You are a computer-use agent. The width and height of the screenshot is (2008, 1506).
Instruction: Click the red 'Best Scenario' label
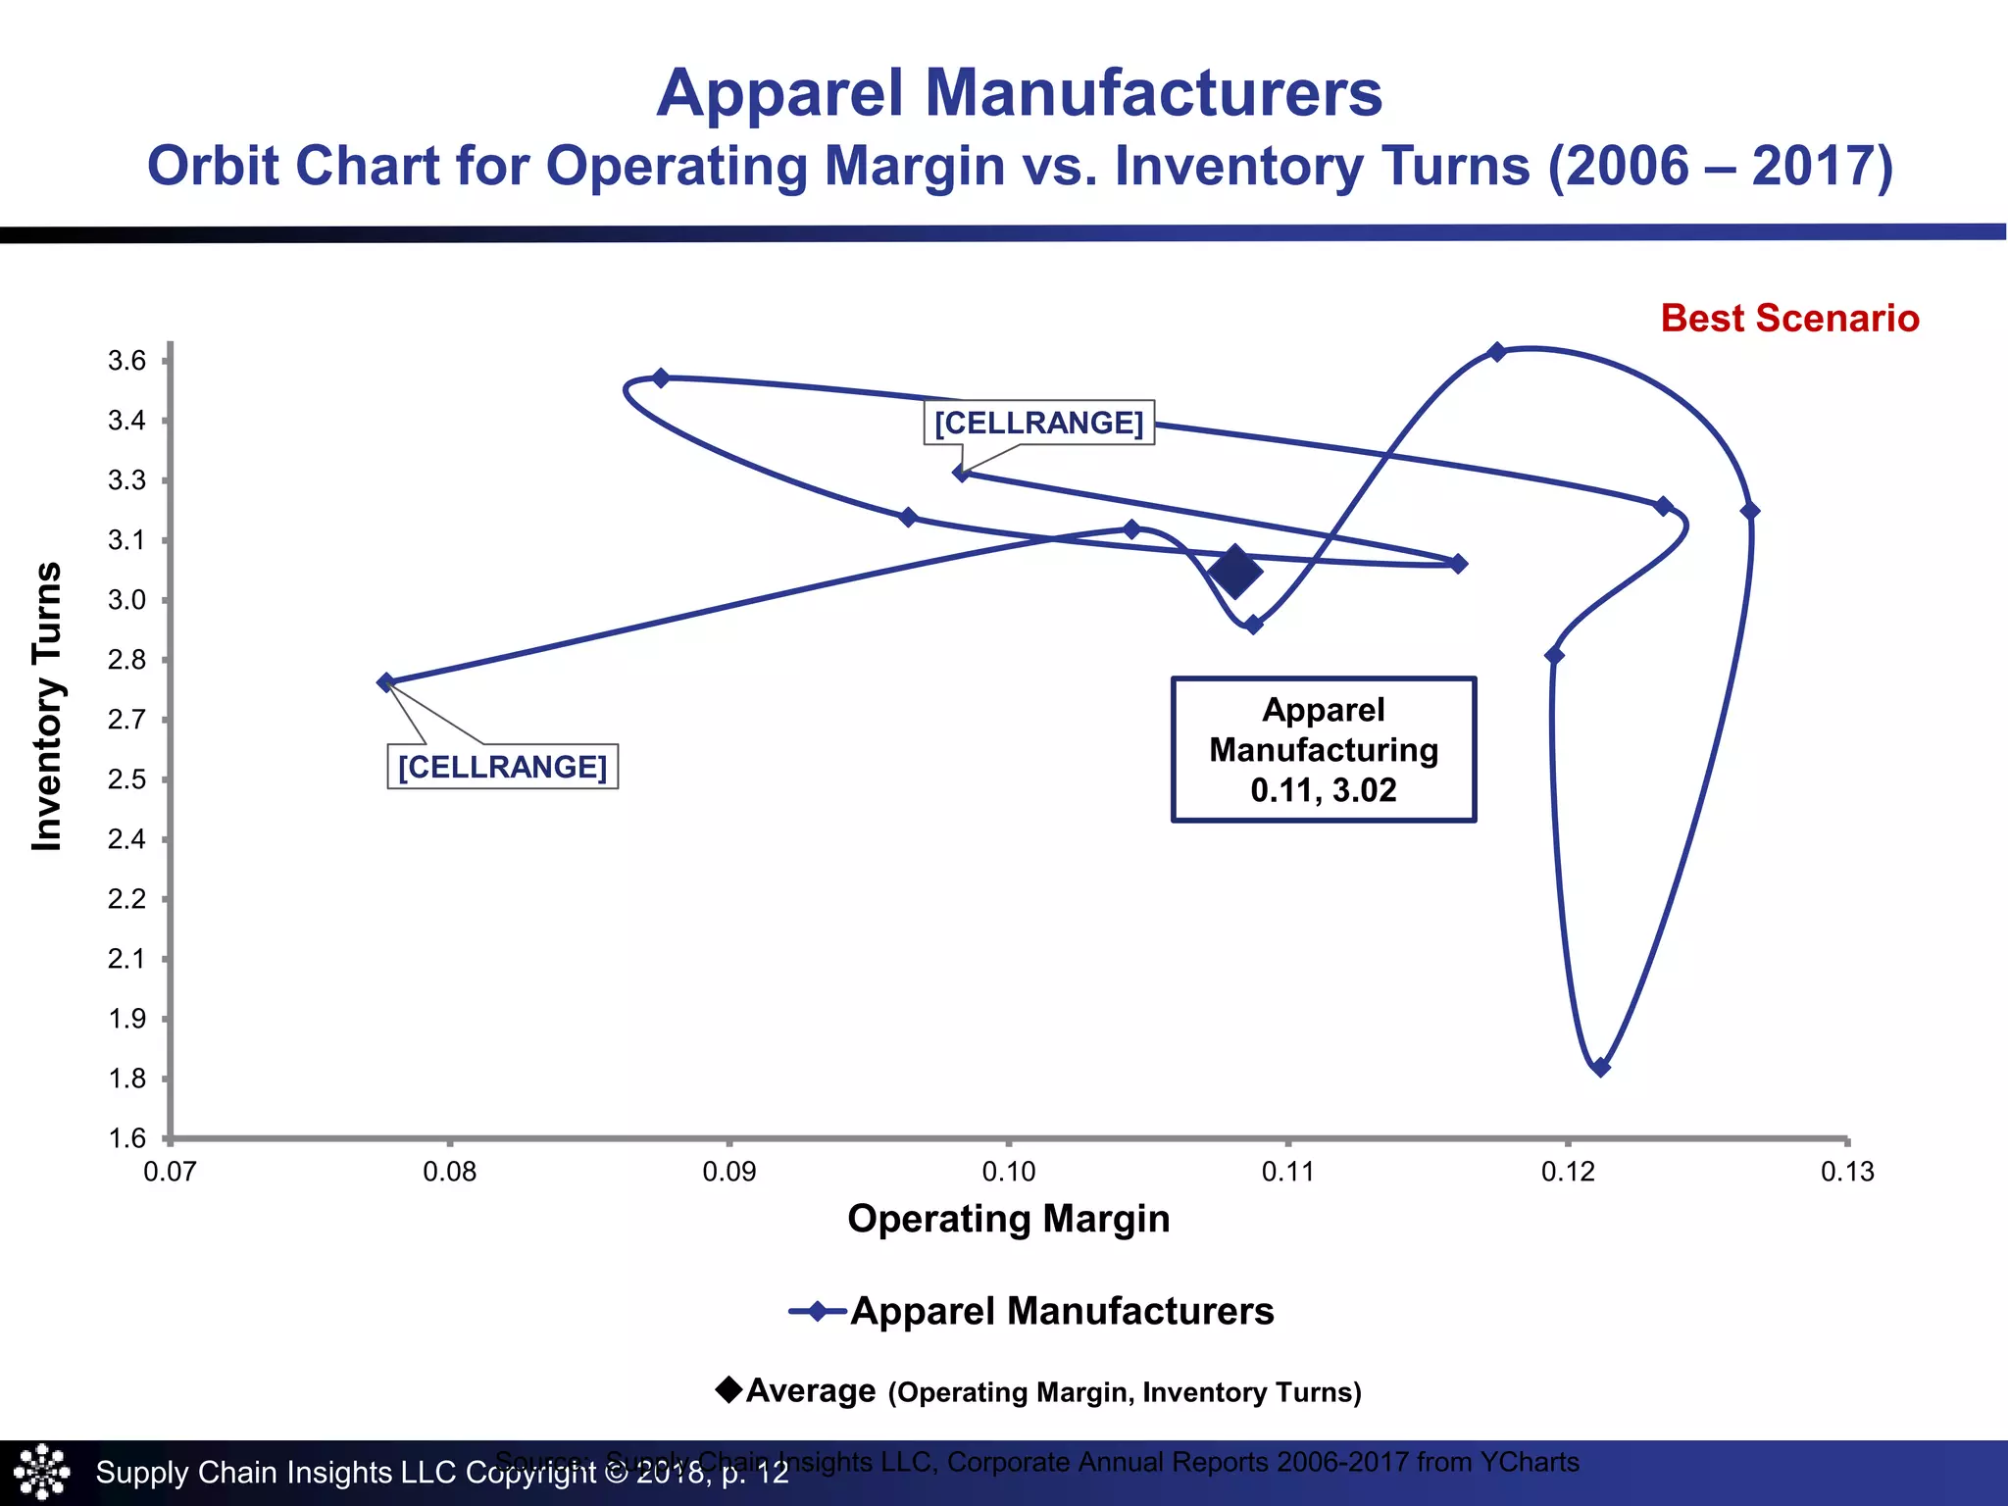point(1789,319)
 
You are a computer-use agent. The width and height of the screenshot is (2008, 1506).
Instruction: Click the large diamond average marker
point(1235,572)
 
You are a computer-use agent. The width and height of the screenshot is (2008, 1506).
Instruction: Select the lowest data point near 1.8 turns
point(1600,1067)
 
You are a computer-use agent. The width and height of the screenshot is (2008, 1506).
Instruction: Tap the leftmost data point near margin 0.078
point(386,682)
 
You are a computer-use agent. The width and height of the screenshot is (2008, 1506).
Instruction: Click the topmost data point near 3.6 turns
point(1496,352)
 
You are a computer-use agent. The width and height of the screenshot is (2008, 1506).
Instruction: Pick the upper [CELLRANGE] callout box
point(1038,423)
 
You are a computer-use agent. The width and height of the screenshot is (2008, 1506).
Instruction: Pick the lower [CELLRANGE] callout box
point(502,766)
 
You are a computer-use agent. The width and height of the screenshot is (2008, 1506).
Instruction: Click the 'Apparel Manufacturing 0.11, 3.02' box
point(1323,749)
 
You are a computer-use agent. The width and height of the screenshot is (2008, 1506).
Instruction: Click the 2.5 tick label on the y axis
point(127,779)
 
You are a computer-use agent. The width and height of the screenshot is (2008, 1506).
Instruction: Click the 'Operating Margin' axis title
point(1008,1219)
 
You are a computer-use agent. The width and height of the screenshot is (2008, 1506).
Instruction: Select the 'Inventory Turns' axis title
point(47,706)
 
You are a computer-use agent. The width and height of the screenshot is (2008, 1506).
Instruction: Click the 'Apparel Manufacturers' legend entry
point(1061,1311)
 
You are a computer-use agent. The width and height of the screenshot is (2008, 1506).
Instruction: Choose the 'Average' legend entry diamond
point(728,1389)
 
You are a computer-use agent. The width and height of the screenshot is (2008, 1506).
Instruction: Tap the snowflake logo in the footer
point(41,1472)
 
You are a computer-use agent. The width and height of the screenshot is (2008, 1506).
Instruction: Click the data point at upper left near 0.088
point(661,378)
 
